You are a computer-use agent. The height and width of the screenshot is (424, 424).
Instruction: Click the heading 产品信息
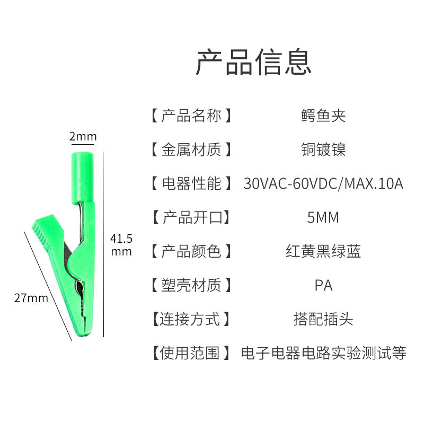point(254,63)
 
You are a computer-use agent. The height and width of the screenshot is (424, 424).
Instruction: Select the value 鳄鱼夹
point(323,116)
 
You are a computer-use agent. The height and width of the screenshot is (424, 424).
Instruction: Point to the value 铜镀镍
point(323,149)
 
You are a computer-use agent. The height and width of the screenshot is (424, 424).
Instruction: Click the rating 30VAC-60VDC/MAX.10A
point(323,183)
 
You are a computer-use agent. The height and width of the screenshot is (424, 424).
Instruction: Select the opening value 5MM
point(323,217)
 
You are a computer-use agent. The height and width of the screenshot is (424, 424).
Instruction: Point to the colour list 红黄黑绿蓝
point(323,251)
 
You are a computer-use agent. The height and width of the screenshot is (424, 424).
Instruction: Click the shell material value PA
point(323,285)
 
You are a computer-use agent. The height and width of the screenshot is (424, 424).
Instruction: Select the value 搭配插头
point(323,319)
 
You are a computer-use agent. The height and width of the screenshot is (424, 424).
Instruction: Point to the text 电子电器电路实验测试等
point(323,353)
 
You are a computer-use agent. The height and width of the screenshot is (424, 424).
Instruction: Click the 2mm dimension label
point(83,137)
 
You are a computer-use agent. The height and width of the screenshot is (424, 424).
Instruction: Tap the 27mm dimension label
point(31,298)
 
